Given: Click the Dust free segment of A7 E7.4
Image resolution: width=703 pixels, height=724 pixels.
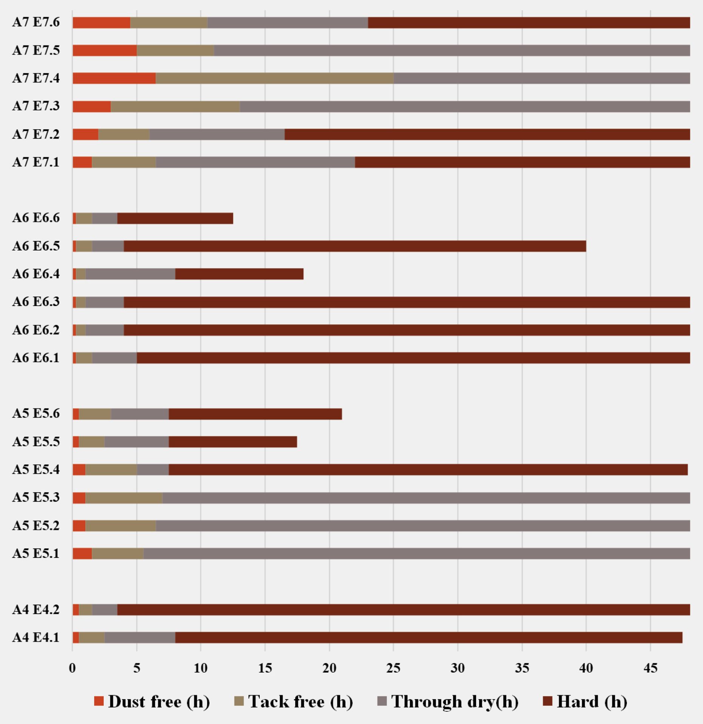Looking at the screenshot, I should pyautogui.click(x=114, y=78).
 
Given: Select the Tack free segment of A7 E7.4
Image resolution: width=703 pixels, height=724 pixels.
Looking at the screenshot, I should pyautogui.click(x=274, y=78).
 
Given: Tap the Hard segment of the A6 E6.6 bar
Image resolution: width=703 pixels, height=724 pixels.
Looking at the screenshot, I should pyautogui.click(x=175, y=218).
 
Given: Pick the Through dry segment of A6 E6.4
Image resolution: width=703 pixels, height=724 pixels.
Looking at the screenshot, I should pyautogui.click(x=130, y=274).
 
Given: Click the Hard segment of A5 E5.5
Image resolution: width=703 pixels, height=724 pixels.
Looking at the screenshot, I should pyautogui.click(x=232, y=442).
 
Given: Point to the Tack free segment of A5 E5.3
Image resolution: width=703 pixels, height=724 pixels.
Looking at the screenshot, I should pyautogui.click(x=124, y=498).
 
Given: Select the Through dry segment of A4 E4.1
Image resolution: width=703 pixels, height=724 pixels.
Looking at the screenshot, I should pyautogui.click(x=140, y=637).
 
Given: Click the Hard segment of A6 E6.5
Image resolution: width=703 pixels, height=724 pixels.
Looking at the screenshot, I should pyautogui.click(x=355, y=246).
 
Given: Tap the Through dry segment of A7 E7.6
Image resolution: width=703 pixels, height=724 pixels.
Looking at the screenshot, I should pyautogui.click(x=288, y=23).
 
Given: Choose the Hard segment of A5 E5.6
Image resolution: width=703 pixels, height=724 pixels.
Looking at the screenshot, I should pyautogui.click(x=255, y=414).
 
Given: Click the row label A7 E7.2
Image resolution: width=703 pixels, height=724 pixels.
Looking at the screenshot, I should pyautogui.click(x=36, y=134).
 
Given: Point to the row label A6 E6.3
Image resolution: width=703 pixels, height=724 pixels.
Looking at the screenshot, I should pyautogui.click(x=36, y=302).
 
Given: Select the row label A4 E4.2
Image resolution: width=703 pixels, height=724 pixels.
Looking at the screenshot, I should pyautogui.click(x=36, y=609).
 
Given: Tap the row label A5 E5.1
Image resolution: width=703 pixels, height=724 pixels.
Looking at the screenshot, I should pyautogui.click(x=36, y=554).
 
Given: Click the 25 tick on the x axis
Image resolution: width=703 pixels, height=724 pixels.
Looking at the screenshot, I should pyautogui.click(x=393, y=668).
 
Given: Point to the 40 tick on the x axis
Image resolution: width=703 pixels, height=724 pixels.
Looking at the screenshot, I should pyautogui.click(x=586, y=668).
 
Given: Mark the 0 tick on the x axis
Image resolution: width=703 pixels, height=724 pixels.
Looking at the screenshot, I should pyautogui.click(x=72, y=668).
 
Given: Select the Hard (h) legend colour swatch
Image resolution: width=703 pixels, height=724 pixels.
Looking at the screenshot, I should pyautogui.click(x=548, y=701).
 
